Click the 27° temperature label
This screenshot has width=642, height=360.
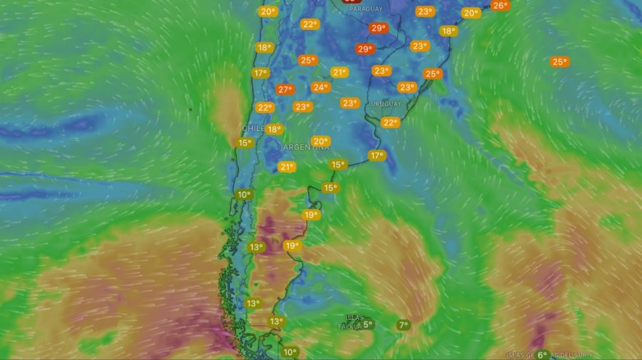click(x=285, y=90)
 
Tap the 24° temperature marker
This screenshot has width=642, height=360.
click(x=320, y=88)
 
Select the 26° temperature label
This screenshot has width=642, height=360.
click(x=500, y=6)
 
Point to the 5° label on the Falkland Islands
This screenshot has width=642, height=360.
click(x=367, y=324)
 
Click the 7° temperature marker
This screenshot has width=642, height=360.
click(x=403, y=325)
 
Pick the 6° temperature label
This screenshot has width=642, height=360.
click(x=542, y=354)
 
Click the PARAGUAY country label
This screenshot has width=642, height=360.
click(x=366, y=9)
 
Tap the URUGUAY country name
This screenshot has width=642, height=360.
click(x=386, y=103)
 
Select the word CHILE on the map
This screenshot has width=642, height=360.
click(x=254, y=128)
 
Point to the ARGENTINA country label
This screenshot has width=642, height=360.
click(x=306, y=148)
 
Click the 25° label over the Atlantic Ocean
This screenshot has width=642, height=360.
click(x=559, y=62)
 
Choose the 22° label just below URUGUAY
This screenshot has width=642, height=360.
click(x=390, y=123)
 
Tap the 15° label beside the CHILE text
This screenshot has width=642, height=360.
click(x=245, y=143)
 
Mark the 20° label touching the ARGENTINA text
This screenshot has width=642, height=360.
click(x=320, y=141)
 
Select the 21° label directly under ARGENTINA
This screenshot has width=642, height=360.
click(x=287, y=167)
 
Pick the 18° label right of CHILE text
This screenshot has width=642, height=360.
click(x=275, y=129)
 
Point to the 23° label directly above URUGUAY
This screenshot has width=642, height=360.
click(x=407, y=87)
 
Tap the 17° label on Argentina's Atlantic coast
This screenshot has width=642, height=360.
click(x=377, y=155)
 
